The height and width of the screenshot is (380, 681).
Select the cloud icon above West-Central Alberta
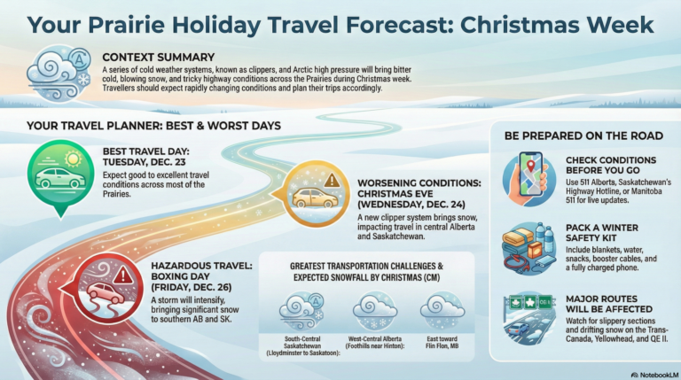(x=374, y=311)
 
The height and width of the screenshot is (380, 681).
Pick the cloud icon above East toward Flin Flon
(x=442, y=311)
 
